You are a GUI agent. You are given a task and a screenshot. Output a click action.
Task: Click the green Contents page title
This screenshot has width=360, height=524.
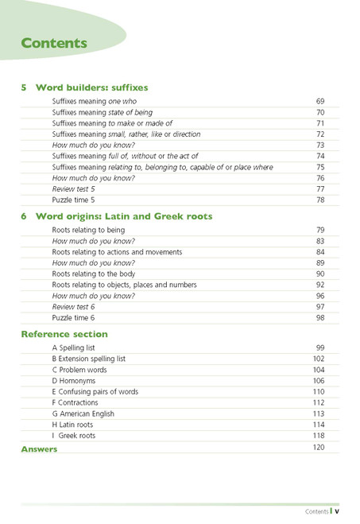(x=54, y=43)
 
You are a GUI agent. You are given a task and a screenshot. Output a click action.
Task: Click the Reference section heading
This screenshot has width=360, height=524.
(x=64, y=334)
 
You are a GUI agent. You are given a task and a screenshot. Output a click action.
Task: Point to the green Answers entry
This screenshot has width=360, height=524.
(x=39, y=449)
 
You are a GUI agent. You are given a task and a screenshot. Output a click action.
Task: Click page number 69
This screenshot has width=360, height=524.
(x=320, y=103)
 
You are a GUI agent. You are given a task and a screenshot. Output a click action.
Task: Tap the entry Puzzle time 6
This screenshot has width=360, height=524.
(x=73, y=318)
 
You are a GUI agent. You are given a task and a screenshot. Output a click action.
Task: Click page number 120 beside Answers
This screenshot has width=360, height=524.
(x=319, y=448)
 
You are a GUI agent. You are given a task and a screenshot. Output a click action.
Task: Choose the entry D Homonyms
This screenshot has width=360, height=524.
(x=75, y=381)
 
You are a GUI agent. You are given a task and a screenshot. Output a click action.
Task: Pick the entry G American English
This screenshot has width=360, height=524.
(x=83, y=413)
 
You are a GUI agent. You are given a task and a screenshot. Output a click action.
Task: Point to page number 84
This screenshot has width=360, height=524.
(x=320, y=252)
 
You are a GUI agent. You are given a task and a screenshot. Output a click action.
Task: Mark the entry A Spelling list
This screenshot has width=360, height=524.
(x=78, y=348)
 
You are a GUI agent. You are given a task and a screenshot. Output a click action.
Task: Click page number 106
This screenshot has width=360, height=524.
(x=319, y=381)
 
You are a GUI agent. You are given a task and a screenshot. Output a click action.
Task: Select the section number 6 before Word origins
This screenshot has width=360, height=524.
(x=24, y=216)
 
